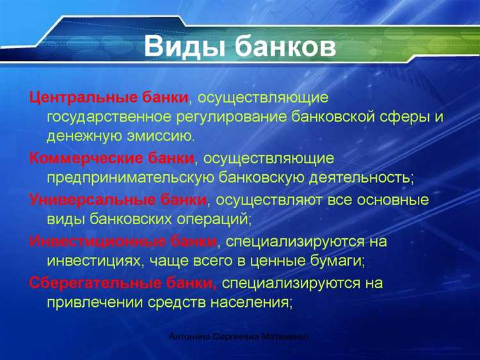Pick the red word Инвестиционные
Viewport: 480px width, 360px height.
tap(83, 241)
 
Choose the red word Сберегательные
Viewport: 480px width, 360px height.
tap(85, 282)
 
